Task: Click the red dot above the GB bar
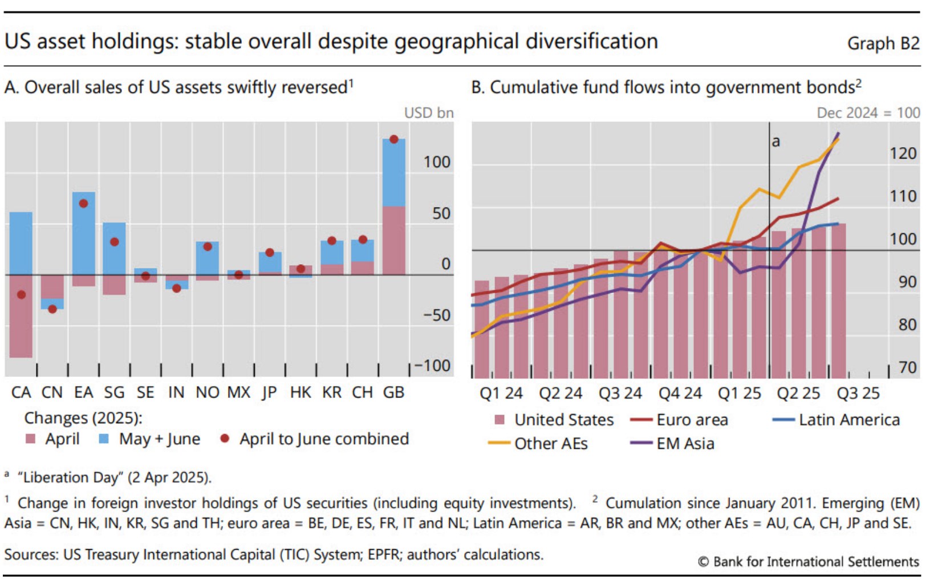coord(393,140)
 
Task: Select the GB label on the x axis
coord(393,392)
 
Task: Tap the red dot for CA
coord(22,295)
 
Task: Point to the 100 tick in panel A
coord(437,163)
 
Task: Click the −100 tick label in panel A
coord(432,366)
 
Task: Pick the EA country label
coord(83,392)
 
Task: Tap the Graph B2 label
coord(883,43)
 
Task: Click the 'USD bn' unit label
coord(429,113)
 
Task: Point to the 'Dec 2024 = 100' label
coord(868,113)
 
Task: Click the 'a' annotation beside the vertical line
coord(775,141)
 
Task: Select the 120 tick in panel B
coord(903,153)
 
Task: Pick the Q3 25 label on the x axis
coord(858,394)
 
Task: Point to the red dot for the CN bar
coord(52,309)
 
